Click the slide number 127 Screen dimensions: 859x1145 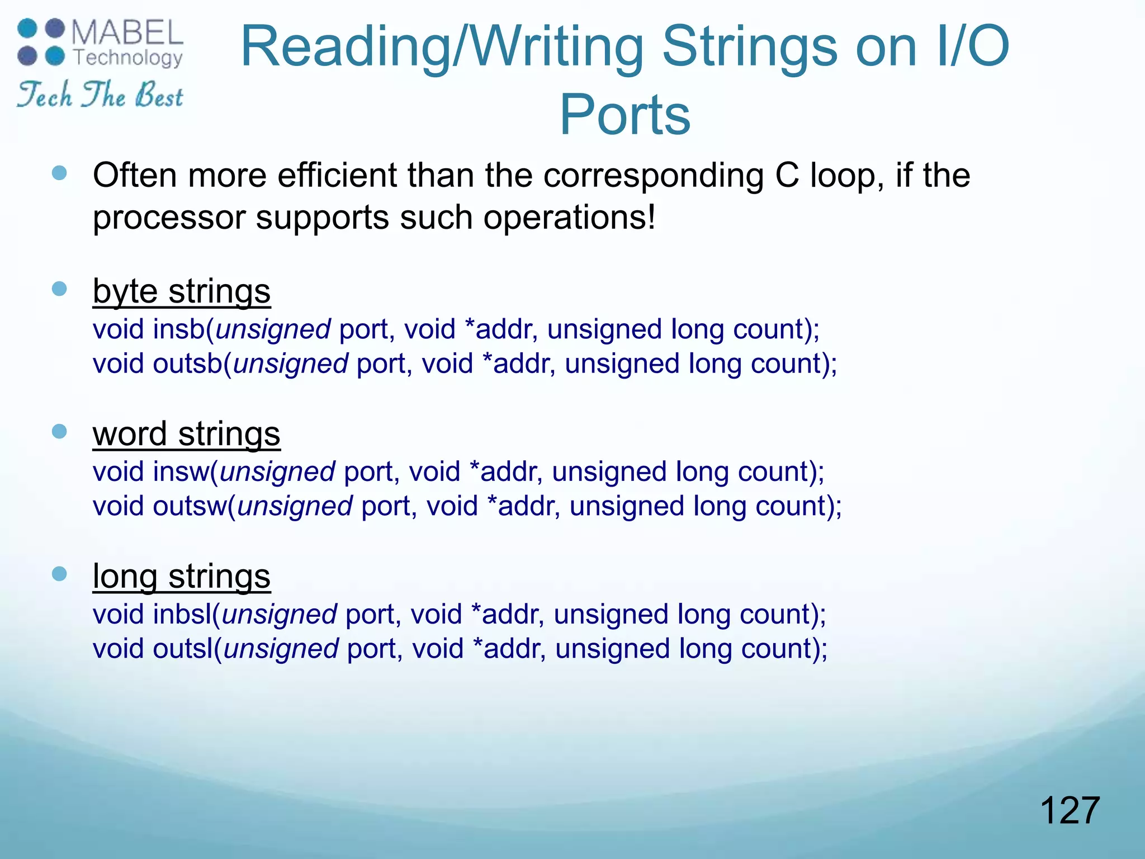click(x=1070, y=810)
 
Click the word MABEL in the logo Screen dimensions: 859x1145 click(x=127, y=33)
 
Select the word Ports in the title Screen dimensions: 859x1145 click(x=625, y=115)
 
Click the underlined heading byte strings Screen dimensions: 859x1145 click(x=182, y=291)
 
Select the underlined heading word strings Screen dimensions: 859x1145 click(x=186, y=434)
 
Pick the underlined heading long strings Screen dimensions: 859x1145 click(x=182, y=576)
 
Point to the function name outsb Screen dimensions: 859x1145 click(x=188, y=364)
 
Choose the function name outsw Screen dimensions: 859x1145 click(x=190, y=506)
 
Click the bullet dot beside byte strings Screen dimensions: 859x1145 click(x=59, y=289)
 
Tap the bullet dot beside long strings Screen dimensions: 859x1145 click(x=59, y=574)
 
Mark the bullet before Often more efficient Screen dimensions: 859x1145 click(x=59, y=173)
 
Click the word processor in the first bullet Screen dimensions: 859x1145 click(x=169, y=218)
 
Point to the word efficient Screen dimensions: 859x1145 click(x=337, y=175)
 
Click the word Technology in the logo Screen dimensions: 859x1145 click(x=128, y=57)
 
